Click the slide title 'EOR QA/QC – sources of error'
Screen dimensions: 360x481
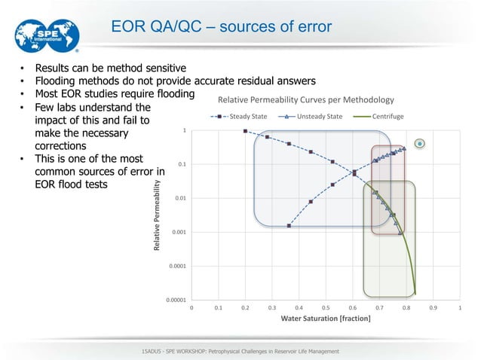pos(221,27)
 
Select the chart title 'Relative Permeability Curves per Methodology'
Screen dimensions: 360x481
pos(306,100)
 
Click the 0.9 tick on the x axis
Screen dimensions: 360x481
pos(433,308)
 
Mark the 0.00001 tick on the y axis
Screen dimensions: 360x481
pos(176,300)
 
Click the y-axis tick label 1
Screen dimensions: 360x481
pos(185,131)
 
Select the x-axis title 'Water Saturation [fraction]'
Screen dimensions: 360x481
pos(326,319)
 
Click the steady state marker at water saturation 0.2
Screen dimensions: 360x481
pos(245,131)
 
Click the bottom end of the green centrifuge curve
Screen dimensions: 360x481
pos(415,293)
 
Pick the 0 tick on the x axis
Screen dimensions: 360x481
pos(191,308)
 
